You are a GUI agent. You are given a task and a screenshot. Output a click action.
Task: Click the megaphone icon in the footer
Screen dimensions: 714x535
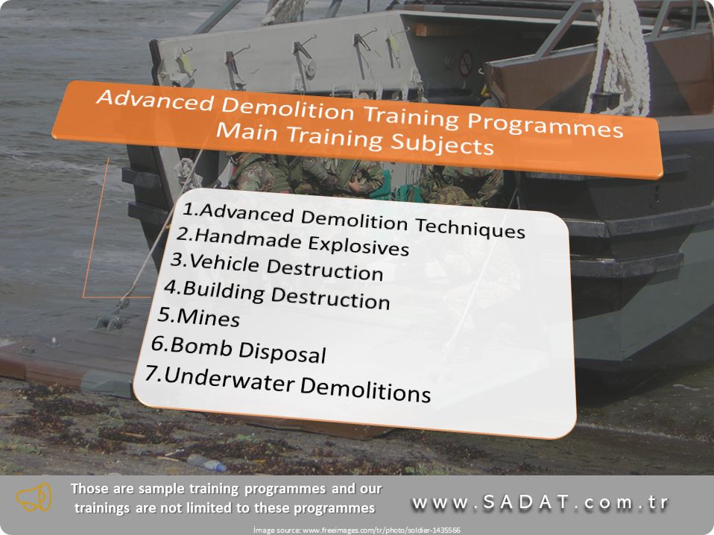coord(34,498)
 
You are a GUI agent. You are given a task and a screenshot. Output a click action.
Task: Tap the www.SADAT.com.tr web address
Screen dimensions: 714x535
coord(540,503)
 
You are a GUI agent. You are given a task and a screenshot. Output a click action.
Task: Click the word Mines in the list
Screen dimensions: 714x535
coord(208,317)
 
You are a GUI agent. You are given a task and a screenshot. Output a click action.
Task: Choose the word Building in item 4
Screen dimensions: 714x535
coord(223,291)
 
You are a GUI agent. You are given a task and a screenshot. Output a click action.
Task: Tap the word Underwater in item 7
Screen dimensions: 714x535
coord(229,379)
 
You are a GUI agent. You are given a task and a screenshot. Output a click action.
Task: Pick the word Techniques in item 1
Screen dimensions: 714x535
coord(470,228)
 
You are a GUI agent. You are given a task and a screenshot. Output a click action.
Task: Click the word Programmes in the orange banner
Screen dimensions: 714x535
coord(545,124)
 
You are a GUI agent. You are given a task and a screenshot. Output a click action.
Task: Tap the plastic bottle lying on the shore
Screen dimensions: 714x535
coord(206,463)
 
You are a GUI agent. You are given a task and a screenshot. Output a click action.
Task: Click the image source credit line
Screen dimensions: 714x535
coord(356,530)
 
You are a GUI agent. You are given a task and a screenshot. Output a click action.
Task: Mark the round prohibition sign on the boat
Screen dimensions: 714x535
coord(465,63)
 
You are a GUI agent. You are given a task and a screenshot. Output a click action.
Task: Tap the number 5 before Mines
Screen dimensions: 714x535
coord(164,314)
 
